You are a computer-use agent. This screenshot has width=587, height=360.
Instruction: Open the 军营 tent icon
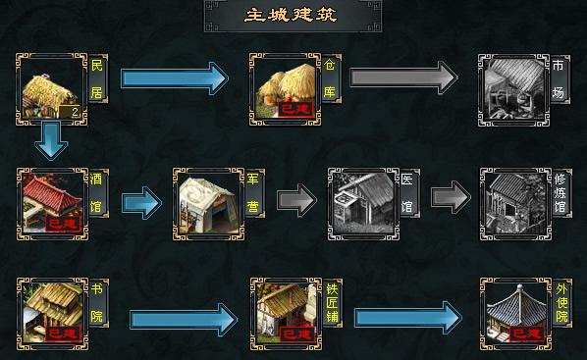click(207, 202)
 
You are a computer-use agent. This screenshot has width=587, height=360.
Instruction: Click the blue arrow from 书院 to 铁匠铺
click(183, 318)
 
